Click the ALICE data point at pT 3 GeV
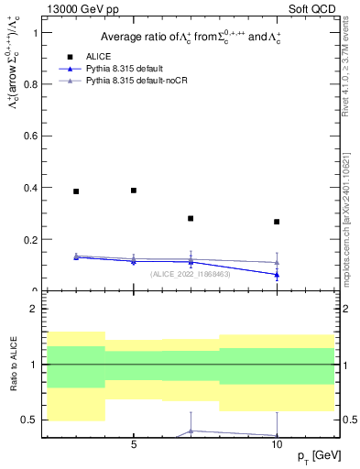[76, 191]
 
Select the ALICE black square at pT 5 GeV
[134, 191]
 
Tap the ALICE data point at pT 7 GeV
[191, 219]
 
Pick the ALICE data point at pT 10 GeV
[277, 222]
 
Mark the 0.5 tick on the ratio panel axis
[35, 420]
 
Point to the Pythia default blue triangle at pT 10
[277, 275]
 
